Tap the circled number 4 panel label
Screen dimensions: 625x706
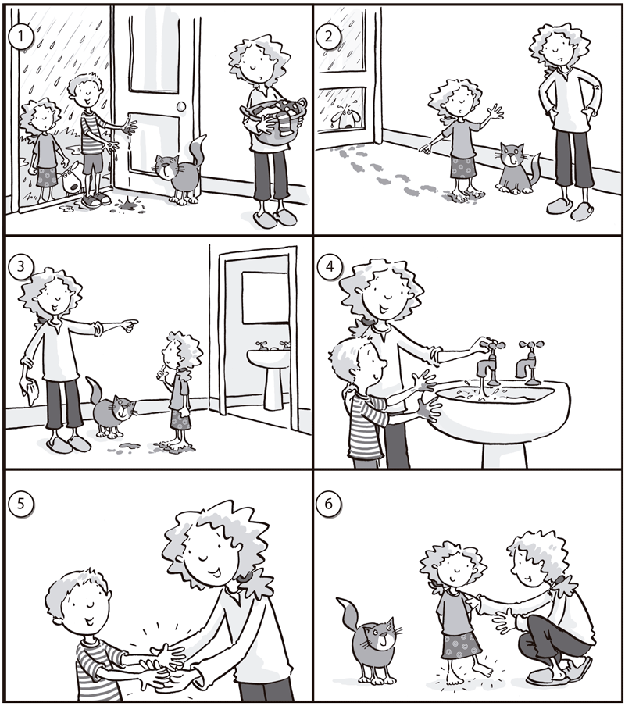click(x=330, y=266)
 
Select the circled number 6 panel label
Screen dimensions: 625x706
click(x=329, y=503)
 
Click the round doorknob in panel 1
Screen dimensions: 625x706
click(x=181, y=107)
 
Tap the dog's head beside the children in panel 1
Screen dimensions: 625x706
click(x=69, y=180)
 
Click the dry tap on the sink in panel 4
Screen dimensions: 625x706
click(x=529, y=362)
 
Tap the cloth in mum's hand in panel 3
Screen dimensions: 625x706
click(x=29, y=390)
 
